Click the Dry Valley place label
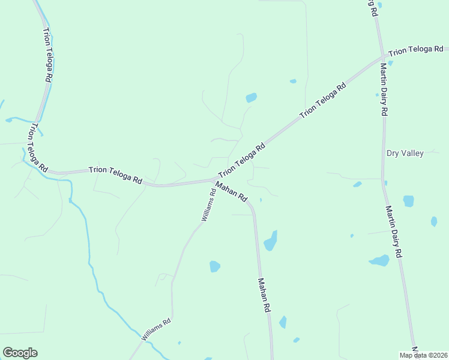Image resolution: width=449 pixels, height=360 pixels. (405, 153)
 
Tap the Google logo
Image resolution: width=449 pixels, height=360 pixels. (20, 353)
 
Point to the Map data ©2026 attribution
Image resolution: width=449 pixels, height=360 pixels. (423, 355)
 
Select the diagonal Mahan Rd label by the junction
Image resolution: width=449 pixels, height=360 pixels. (231, 192)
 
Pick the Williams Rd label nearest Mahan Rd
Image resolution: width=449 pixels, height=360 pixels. (208, 206)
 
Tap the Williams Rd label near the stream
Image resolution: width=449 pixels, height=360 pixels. (156, 329)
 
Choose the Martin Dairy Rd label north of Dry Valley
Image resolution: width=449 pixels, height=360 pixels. (383, 90)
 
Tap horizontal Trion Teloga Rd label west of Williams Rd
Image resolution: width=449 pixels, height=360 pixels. (115, 175)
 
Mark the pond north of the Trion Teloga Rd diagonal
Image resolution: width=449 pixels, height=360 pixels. (251, 97)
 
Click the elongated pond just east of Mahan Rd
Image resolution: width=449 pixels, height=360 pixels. (271, 241)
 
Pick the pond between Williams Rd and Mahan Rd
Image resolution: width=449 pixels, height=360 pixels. (215, 266)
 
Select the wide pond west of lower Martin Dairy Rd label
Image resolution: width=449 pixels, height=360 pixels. (379, 260)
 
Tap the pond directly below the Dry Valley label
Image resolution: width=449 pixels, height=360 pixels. (408, 200)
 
